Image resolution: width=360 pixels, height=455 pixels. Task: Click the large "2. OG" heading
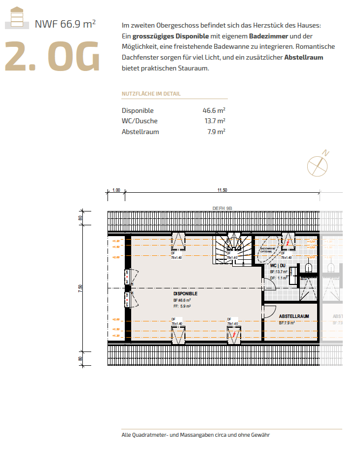click(52, 58)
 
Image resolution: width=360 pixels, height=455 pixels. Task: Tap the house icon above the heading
click(17, 17)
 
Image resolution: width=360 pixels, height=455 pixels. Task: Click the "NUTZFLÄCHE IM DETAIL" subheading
click(151, 94)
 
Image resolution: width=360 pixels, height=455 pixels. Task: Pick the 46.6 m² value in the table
click(214, 110)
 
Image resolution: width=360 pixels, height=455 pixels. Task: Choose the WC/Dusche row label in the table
click(140, 121)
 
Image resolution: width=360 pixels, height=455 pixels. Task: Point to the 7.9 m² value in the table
click(216, 132)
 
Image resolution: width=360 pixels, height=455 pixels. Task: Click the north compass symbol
click(318, 164)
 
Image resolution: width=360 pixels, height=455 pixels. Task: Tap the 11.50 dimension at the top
click(222, 190)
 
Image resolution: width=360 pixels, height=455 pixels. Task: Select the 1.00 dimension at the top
click(116, 190)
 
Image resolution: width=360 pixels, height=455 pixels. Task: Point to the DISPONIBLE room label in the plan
click(185, 293)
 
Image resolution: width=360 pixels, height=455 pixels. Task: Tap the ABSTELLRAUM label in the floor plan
click(294, 316)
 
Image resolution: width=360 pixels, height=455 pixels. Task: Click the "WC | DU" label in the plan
click(278, 265)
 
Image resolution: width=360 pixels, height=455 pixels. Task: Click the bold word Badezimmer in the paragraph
click(268, 36)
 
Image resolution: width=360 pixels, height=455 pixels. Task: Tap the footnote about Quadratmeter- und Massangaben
click(195, 435)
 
